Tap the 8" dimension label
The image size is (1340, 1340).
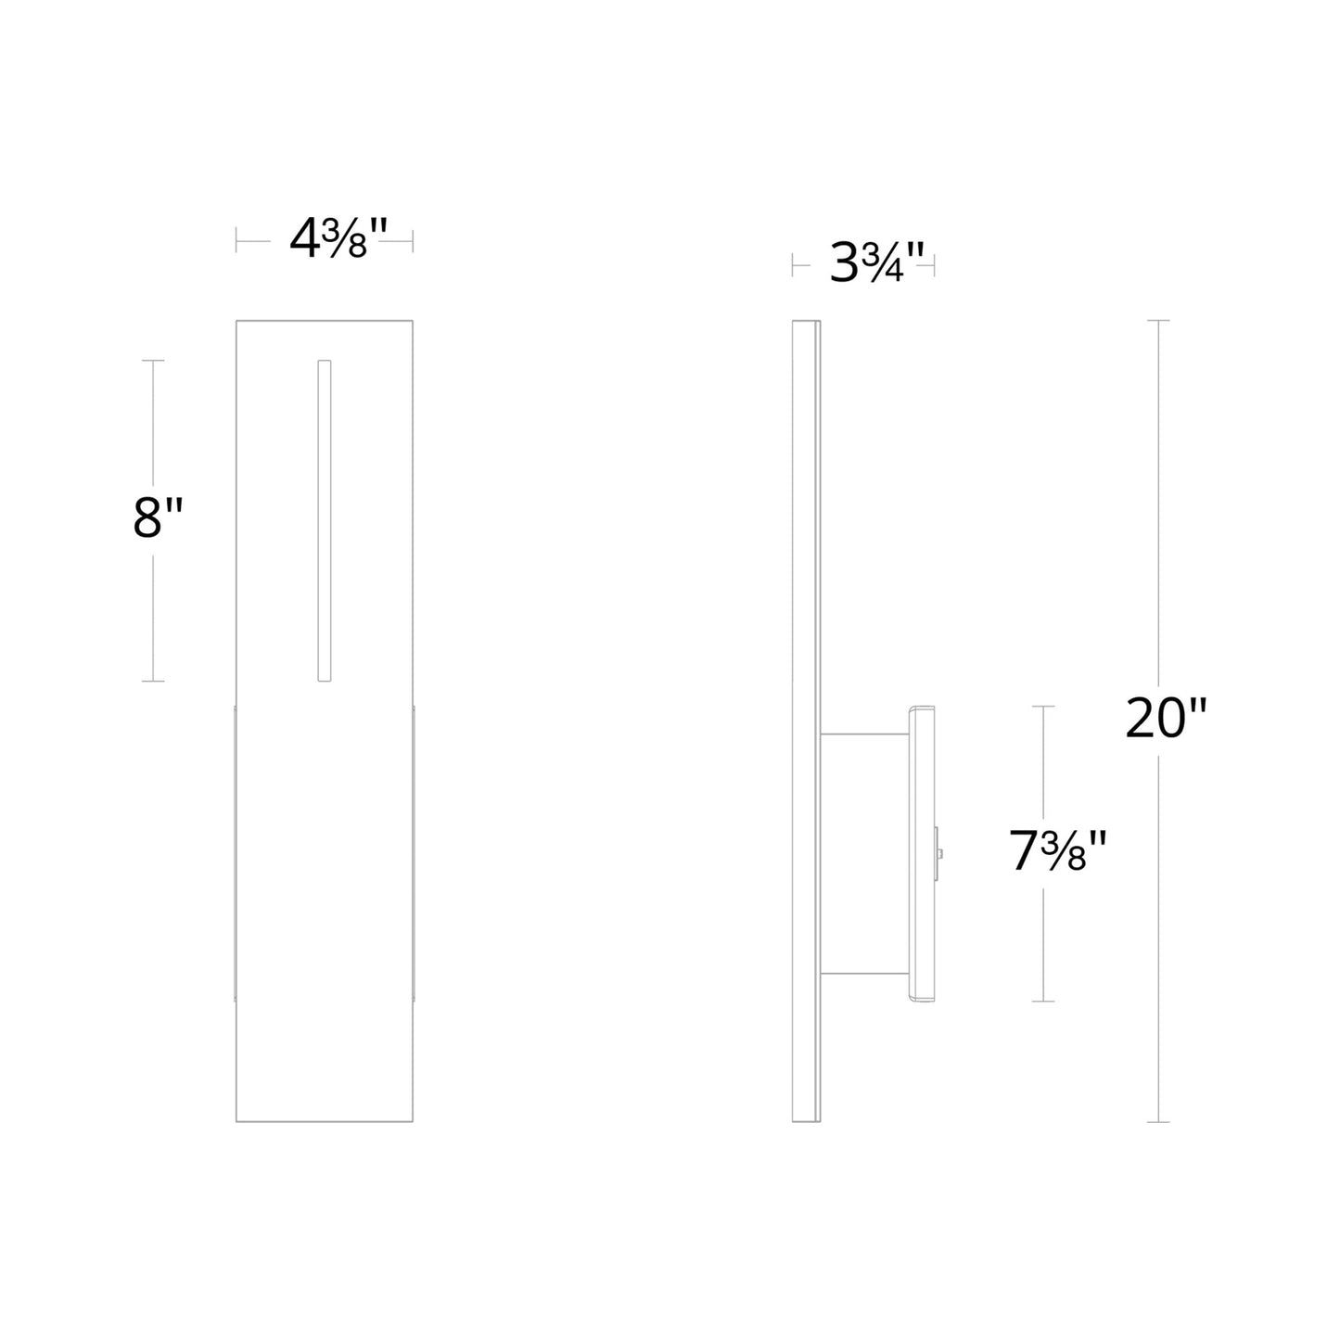tap(159, 518)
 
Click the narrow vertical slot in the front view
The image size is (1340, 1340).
tap(325, 520)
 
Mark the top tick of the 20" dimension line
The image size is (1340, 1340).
tap(1158, 320)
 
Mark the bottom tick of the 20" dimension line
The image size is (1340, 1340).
tap(1158, 1122)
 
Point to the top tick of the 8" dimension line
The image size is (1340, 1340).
tap(153, 360)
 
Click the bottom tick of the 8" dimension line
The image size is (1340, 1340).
tap(153, 682)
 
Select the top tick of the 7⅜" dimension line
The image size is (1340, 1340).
tap(1043, 707)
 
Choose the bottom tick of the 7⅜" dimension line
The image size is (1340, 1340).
tap(1043, 1002)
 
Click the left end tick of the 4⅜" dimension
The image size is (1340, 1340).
tap(236, 240)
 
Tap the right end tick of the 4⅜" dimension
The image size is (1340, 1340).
tap(413, 240)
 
